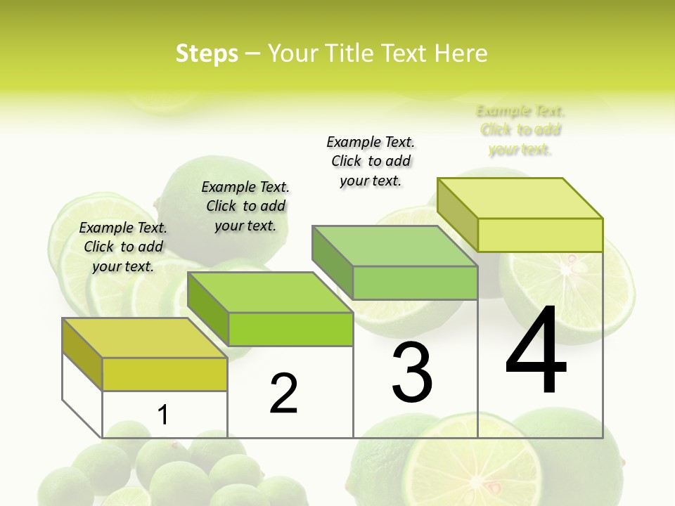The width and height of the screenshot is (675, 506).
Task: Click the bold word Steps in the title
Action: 207,53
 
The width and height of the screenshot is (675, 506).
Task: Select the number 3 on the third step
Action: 412,372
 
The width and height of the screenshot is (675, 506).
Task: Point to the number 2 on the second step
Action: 284,394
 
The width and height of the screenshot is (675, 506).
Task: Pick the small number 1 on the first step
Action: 163,415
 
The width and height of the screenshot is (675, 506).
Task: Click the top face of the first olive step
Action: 145,338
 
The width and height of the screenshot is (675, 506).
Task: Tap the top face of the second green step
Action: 270,292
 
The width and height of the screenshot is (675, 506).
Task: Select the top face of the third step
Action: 395,246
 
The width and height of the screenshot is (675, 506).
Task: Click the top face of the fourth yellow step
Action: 520,198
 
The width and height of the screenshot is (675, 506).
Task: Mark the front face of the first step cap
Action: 165,374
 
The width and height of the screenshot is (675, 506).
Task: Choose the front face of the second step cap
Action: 290,329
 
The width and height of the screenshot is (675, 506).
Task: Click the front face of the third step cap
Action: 415,283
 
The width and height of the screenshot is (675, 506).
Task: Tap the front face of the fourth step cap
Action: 540,235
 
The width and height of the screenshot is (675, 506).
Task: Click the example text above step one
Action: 123,247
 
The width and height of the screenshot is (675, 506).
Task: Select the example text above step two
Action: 245,206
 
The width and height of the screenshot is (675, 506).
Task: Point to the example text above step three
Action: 371,161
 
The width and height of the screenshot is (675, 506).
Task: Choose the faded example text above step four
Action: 520,130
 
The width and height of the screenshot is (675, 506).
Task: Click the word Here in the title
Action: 461,53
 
